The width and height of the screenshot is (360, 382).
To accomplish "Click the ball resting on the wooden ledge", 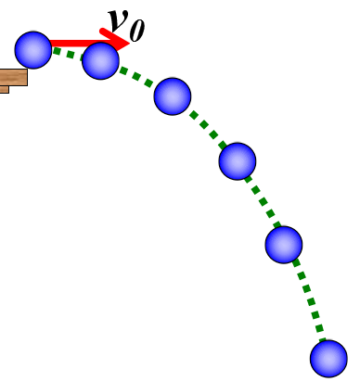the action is click(x=33, y=49).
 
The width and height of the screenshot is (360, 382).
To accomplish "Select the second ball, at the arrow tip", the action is click(x=100, y=60).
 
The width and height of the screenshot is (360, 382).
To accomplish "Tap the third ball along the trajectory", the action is click(x=172, y=95).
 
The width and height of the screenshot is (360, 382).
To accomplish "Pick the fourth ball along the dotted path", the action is click(x=238, y=161).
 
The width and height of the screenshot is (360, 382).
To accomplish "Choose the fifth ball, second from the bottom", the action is click(x=284, y=245).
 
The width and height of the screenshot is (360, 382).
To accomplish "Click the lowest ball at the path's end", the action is click(x=328, y=358).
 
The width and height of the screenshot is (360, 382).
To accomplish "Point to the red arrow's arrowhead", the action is click(x=119, y=40).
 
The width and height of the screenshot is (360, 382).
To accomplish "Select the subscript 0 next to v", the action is click(x=137, y=31).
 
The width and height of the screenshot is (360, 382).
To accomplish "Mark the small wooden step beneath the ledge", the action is click(x=4, y=90).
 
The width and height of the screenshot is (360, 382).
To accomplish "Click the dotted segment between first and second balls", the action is click(x=67, y=53).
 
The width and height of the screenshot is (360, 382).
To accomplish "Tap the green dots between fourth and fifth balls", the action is click(x=262, y=201).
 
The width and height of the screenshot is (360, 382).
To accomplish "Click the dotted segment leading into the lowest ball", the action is click(x=308, y=301).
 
